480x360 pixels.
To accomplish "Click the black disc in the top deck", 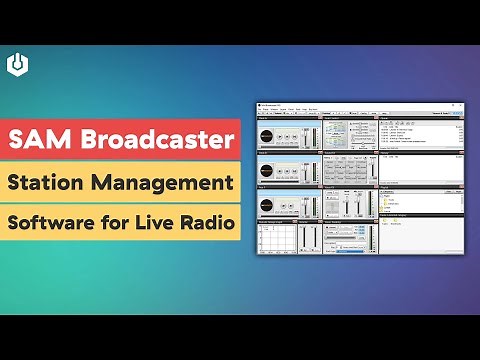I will coord(269,134).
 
